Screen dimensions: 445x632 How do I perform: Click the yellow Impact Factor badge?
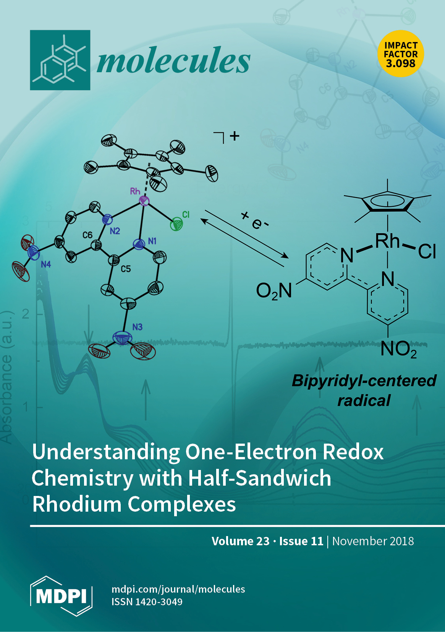tap(401, 54)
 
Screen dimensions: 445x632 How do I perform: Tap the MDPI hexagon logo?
tap(61, 596)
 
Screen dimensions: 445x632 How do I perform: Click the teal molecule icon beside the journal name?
tap(60, 60)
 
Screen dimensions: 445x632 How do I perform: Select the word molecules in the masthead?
tap(173, 60)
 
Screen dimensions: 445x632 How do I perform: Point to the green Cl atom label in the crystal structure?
tap(186, 215)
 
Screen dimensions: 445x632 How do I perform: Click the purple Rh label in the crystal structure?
tap(135, 191)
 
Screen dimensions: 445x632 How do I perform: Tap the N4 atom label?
tap(46, 264)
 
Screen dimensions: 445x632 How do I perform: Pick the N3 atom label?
tap(138, 327)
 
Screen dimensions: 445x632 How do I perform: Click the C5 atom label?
tap(126, 269)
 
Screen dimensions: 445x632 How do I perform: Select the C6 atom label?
tap(87, 235)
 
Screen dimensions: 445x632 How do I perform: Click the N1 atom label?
tap(152, 241)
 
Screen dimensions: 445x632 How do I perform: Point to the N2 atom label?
tap(115, 231)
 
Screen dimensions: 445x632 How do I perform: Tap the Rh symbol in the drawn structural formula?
tap(387, 241)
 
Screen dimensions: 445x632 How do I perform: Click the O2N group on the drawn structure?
tap(274, 291)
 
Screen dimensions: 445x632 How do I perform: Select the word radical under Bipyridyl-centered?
tap(364, 400)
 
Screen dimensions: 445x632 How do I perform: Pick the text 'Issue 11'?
tap(301, 541)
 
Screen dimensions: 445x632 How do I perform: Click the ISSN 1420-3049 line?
tap(147, 602)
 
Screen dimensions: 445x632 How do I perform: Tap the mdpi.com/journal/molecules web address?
tap(178, 589)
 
